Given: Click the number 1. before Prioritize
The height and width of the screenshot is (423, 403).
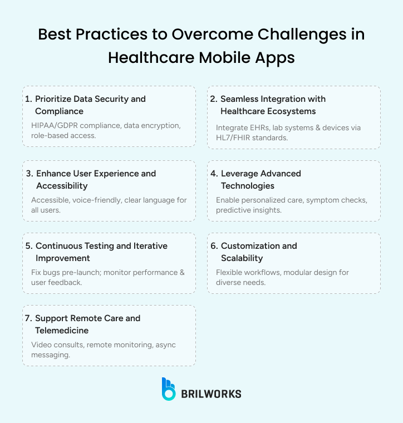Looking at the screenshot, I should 28,99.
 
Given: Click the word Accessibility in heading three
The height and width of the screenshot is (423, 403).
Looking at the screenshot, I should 61,186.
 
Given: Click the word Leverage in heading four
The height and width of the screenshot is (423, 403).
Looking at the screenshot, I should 240,174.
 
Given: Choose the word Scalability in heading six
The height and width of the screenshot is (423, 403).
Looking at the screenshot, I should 242,258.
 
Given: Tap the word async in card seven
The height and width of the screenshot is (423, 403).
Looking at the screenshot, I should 165,345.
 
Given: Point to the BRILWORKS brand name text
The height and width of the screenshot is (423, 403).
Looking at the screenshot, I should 212,394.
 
